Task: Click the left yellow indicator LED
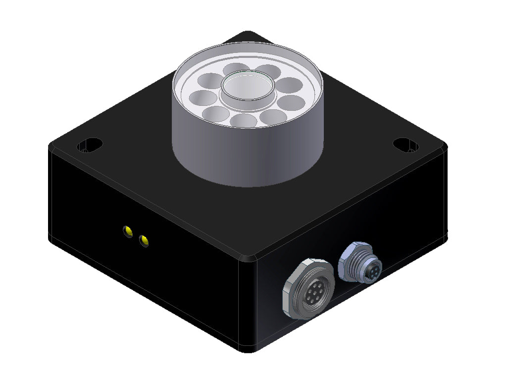point(128,231)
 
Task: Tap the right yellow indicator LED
point(144,241)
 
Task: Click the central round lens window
point(248,87)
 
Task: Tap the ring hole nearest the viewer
point(243,120)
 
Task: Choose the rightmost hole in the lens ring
point(292,102)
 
